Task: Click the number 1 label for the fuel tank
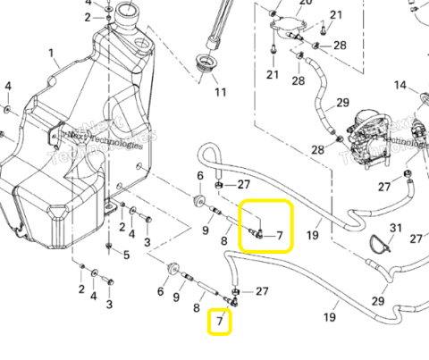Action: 51,53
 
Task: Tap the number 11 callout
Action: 220,92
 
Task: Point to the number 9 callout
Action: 206,231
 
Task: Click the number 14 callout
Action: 400,86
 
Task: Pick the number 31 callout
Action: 398,229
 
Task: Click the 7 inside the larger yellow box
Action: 279,237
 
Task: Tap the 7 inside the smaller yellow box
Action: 220,320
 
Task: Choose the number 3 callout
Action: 110,304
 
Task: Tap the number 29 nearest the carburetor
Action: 341,104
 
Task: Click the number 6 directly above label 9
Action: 200,175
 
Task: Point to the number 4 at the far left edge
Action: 8,86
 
